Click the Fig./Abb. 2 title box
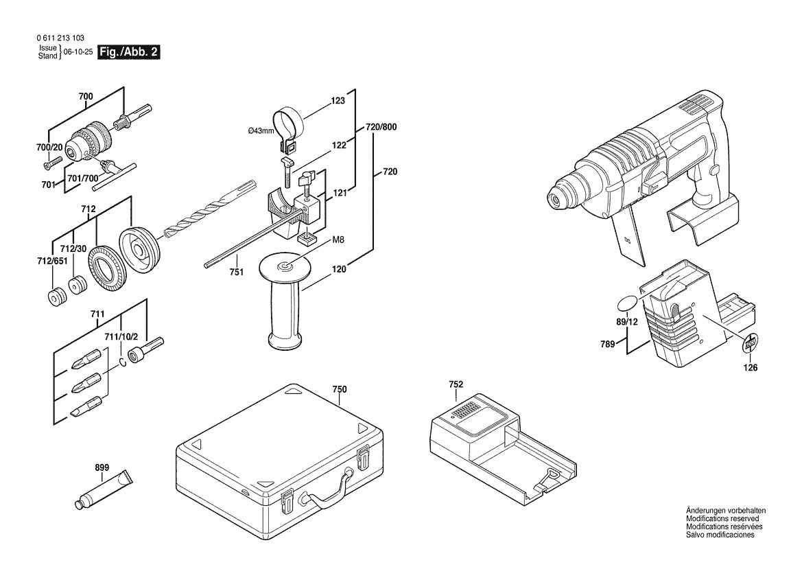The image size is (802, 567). coord(130,52)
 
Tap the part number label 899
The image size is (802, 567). coord(102,469)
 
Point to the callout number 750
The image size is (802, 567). coord(340,389)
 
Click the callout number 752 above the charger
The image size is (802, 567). coord(456,384)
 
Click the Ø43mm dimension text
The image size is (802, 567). coord(261,130)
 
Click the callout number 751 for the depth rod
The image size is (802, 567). coord(237,273)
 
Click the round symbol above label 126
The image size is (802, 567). coord(751,343)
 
